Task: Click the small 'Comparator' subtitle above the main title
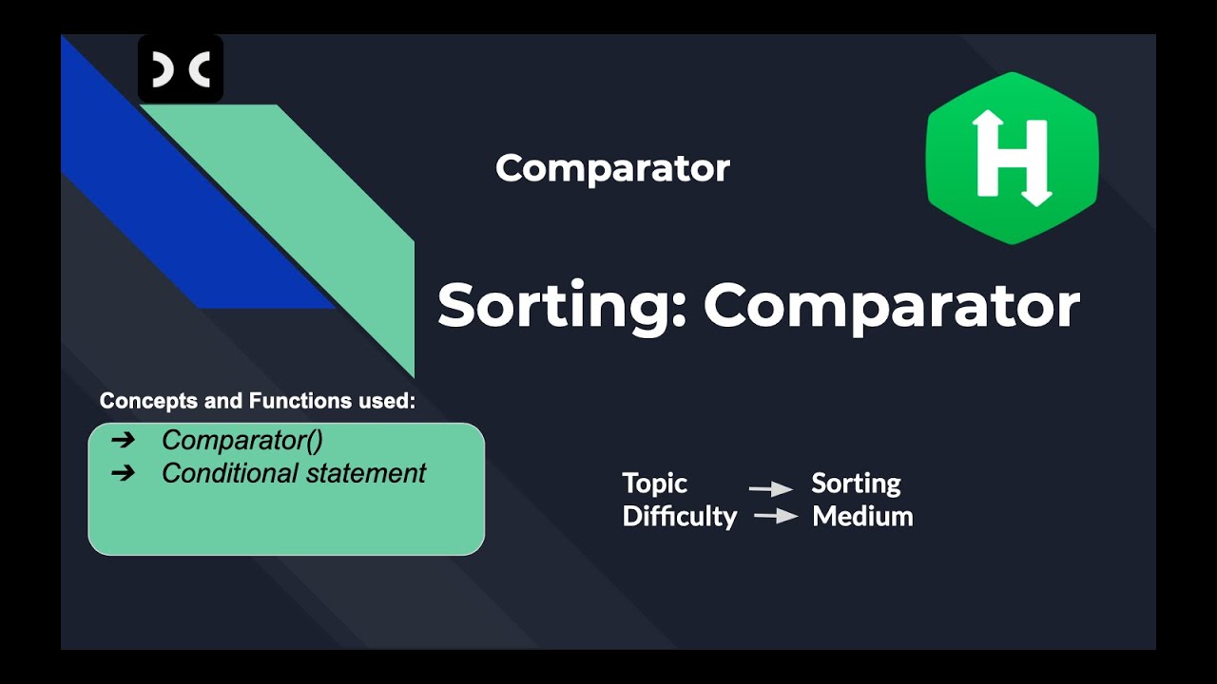coord(612,168)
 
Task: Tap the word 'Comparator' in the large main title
coord(891,306)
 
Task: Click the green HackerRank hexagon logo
coord(1012,158)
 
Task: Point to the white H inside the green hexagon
coord(1012,158)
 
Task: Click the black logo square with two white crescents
coord(181,69)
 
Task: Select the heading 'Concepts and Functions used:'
coord(258,401)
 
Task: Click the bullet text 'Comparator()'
coord(242,441)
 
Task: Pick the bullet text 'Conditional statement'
coord(294,473)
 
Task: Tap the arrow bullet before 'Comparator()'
coord(123,441)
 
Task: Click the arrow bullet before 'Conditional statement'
coord(123,473)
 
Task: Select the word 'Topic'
coord(654,484)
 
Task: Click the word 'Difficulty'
coord(679,517)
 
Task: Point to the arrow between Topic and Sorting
coord(770,489)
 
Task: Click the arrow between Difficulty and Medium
coord(774,517)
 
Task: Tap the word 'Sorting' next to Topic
coord(856,484)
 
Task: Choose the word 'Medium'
coord(862,517)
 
